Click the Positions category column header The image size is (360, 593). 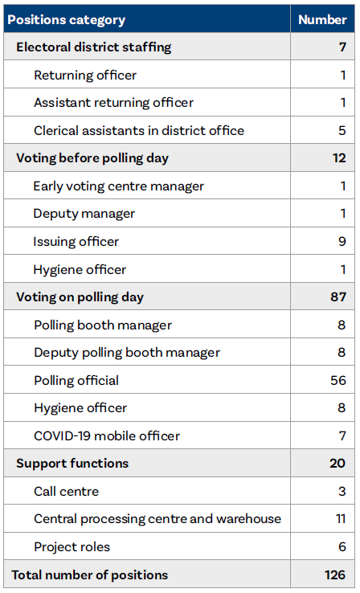[x=66, y=19]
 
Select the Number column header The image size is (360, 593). [x=322, y=19]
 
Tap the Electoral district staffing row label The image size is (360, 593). [x=93, y=47]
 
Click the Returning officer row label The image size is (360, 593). [x=85, y=76]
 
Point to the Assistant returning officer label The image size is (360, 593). [x=113, y=103]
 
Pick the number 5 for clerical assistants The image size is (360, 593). [x=342, y=131]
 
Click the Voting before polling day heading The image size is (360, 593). [x=92, y=158]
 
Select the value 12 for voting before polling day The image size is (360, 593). [x=339, y=158]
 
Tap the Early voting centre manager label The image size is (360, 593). [x=118, y=186]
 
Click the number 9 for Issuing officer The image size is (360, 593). [x=342, y=242]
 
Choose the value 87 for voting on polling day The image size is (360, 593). [x=338, y=297]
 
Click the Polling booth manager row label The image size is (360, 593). [x=103, y=325]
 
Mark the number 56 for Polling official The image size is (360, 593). [x=338, y=381]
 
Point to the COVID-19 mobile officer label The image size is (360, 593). [x=107, y=436]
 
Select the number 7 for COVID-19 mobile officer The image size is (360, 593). [x=342, y=436]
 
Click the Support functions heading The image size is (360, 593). [x=72, y=464]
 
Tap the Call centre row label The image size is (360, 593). [x=67, y=492]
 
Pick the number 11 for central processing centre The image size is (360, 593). [x=341, y=519]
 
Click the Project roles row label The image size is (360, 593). [x=72, y=547]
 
